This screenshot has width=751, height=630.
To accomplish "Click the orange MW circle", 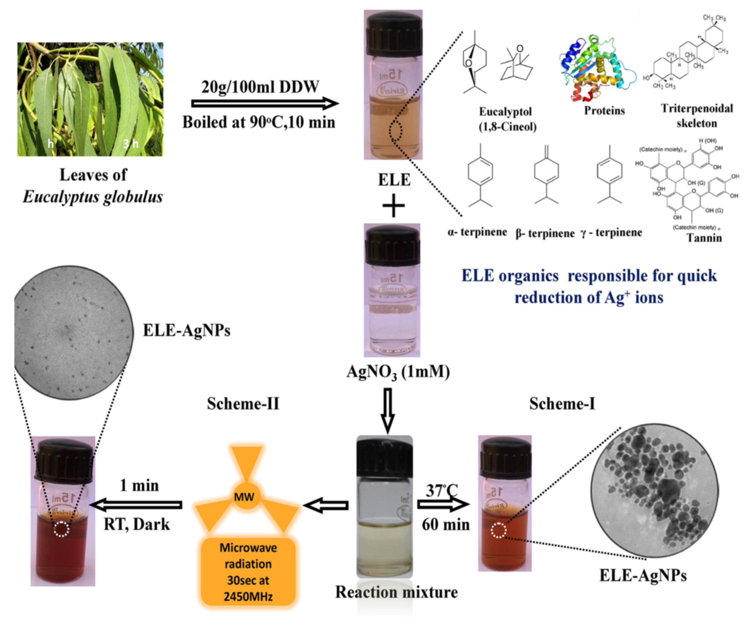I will point(244,496).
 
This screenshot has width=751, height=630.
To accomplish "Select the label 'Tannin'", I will point(704,238).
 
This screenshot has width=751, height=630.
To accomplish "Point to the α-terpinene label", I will point(477,232).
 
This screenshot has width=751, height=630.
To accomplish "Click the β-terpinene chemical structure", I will point(546,175).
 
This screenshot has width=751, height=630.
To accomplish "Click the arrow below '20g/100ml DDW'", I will point(265,104).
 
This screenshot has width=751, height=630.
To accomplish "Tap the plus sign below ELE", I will point(393,206).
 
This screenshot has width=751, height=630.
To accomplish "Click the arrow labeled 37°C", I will point(443,505).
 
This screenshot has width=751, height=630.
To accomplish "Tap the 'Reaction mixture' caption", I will point(396,592).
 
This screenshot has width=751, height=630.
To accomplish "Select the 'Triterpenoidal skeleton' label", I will point(696,116).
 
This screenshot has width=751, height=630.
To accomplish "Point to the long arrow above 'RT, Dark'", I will point(136,505).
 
